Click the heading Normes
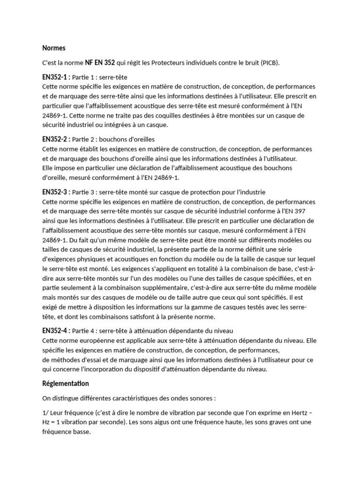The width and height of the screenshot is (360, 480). pyautogui.click(x=54, y=48)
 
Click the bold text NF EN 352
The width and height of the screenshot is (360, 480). pyautogui.click(x=100, y=62)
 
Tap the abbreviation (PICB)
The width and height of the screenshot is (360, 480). pyautogui.click(x=269, y=62)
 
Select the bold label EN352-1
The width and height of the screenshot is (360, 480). pyautogui.click(x=56, y=76)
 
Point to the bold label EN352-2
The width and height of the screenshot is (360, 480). pyautogui.click(x=56, y=139)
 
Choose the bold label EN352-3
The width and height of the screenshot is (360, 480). pyautogui.click(x=56, y=192)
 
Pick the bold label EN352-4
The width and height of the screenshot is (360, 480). pyautogui.click(x=56, y=331)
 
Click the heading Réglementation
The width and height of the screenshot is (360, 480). pyautogui.click(x=65, y=383)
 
